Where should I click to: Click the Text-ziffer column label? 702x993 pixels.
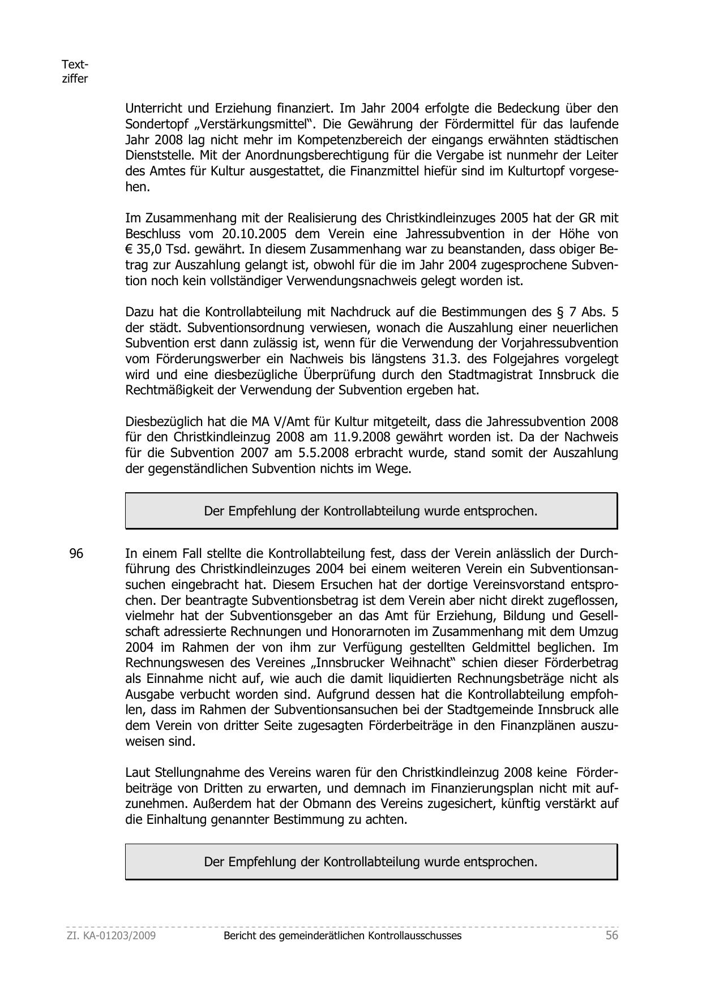click(x=75, y=72)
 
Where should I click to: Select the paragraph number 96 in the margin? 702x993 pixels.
click(x=76, y=553)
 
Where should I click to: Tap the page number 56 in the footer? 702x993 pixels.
click(x=612, y=935)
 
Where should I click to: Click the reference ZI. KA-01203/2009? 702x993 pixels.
click(x=112, y=936)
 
